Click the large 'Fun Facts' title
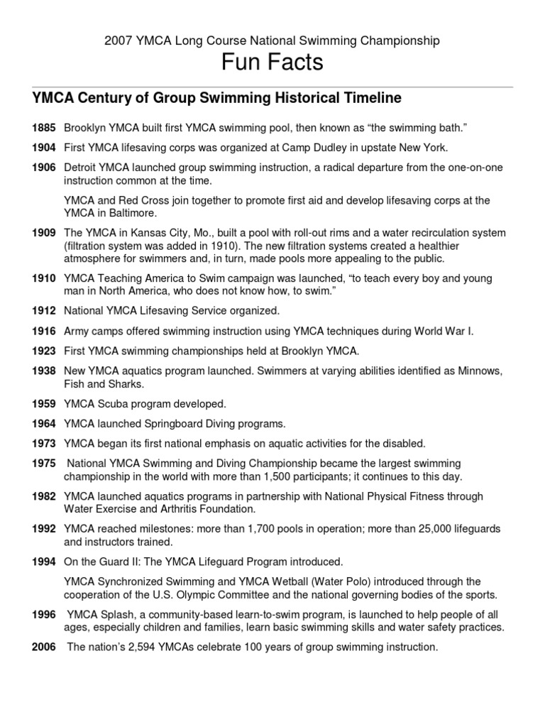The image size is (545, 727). (x=272, y=62)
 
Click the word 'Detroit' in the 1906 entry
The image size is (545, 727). (x=82, y=168)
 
